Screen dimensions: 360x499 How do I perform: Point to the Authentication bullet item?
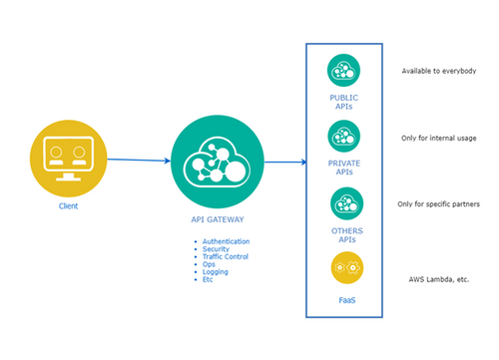[x=225, y=241]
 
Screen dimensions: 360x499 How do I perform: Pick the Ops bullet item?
[x=209, y=265]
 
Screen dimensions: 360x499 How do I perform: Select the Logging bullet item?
[x=215, y=272]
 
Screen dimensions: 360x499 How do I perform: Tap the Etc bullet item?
[x=208, y=280]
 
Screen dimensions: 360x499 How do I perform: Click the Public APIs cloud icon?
[x=344, y=71]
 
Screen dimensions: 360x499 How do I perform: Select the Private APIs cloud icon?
[x=344, y=136]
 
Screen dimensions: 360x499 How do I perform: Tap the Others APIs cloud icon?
[x=345, y=204]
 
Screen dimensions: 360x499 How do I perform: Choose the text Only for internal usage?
[x=438, y=138]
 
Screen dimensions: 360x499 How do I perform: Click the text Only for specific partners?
[x=440, y=204]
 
